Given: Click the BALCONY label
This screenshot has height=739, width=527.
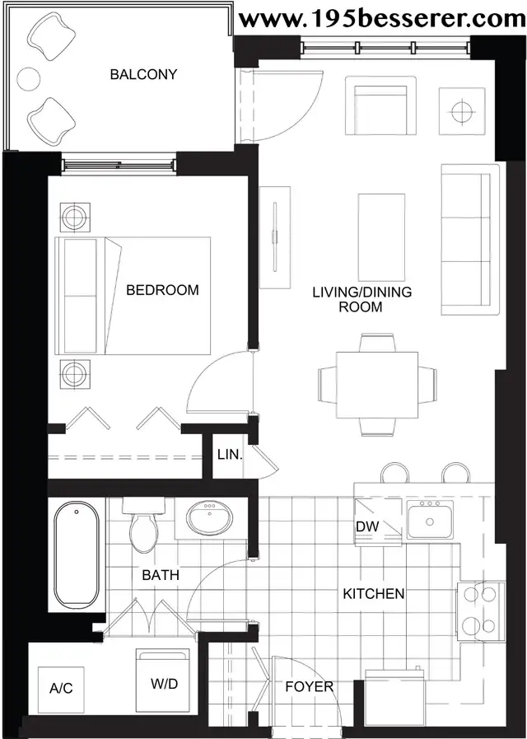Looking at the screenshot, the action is tap(143, 74).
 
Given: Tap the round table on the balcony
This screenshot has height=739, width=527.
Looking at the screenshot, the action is tap(28, 79).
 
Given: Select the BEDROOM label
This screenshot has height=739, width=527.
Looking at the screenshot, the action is tap(162, 290).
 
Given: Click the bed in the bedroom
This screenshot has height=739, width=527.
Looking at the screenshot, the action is tap(133, 296).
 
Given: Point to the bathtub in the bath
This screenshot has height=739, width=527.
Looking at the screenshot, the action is tap(77, 554).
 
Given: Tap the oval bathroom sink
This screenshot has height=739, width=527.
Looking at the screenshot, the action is tap(210, 517).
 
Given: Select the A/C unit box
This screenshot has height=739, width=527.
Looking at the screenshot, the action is tap(61, 689).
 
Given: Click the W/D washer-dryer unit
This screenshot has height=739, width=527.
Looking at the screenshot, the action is tap(163, 680).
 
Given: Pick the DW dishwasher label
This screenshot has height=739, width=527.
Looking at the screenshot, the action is tap(367, 526).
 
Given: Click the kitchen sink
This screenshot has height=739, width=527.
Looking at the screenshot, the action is tap(430, 520).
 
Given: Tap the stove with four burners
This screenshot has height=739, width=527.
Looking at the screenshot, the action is tap(480, 610).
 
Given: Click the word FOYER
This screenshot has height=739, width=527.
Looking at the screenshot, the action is tap(310, 687).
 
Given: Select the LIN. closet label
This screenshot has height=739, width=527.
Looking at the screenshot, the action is tap(231, 455).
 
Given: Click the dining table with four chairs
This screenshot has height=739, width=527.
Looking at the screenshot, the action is tap(377, 385).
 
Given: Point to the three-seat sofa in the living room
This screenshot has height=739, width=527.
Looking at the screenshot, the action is tap(469, 240).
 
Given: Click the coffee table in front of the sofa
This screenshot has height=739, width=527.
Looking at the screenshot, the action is tap(381, 237).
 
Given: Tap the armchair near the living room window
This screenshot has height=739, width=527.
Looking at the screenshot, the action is tap(380, 105).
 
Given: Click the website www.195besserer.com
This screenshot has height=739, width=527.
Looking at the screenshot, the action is tap(381, 19).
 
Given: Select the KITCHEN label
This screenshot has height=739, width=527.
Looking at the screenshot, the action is tap(374, 593).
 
